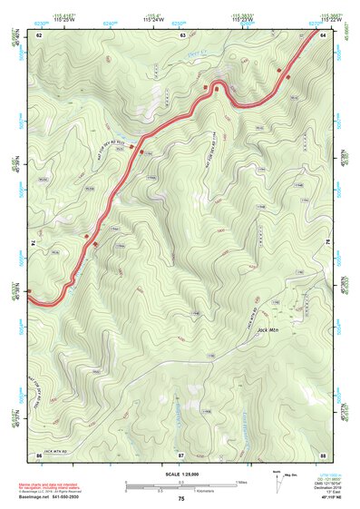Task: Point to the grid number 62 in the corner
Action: pos(39,34)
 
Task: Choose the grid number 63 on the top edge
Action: pos(183,34)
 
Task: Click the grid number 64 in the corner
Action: pos(323,34)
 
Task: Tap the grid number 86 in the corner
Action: pos(39,454)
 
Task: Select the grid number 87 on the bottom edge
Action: pos(181,454)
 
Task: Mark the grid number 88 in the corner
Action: pos(323,454)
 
